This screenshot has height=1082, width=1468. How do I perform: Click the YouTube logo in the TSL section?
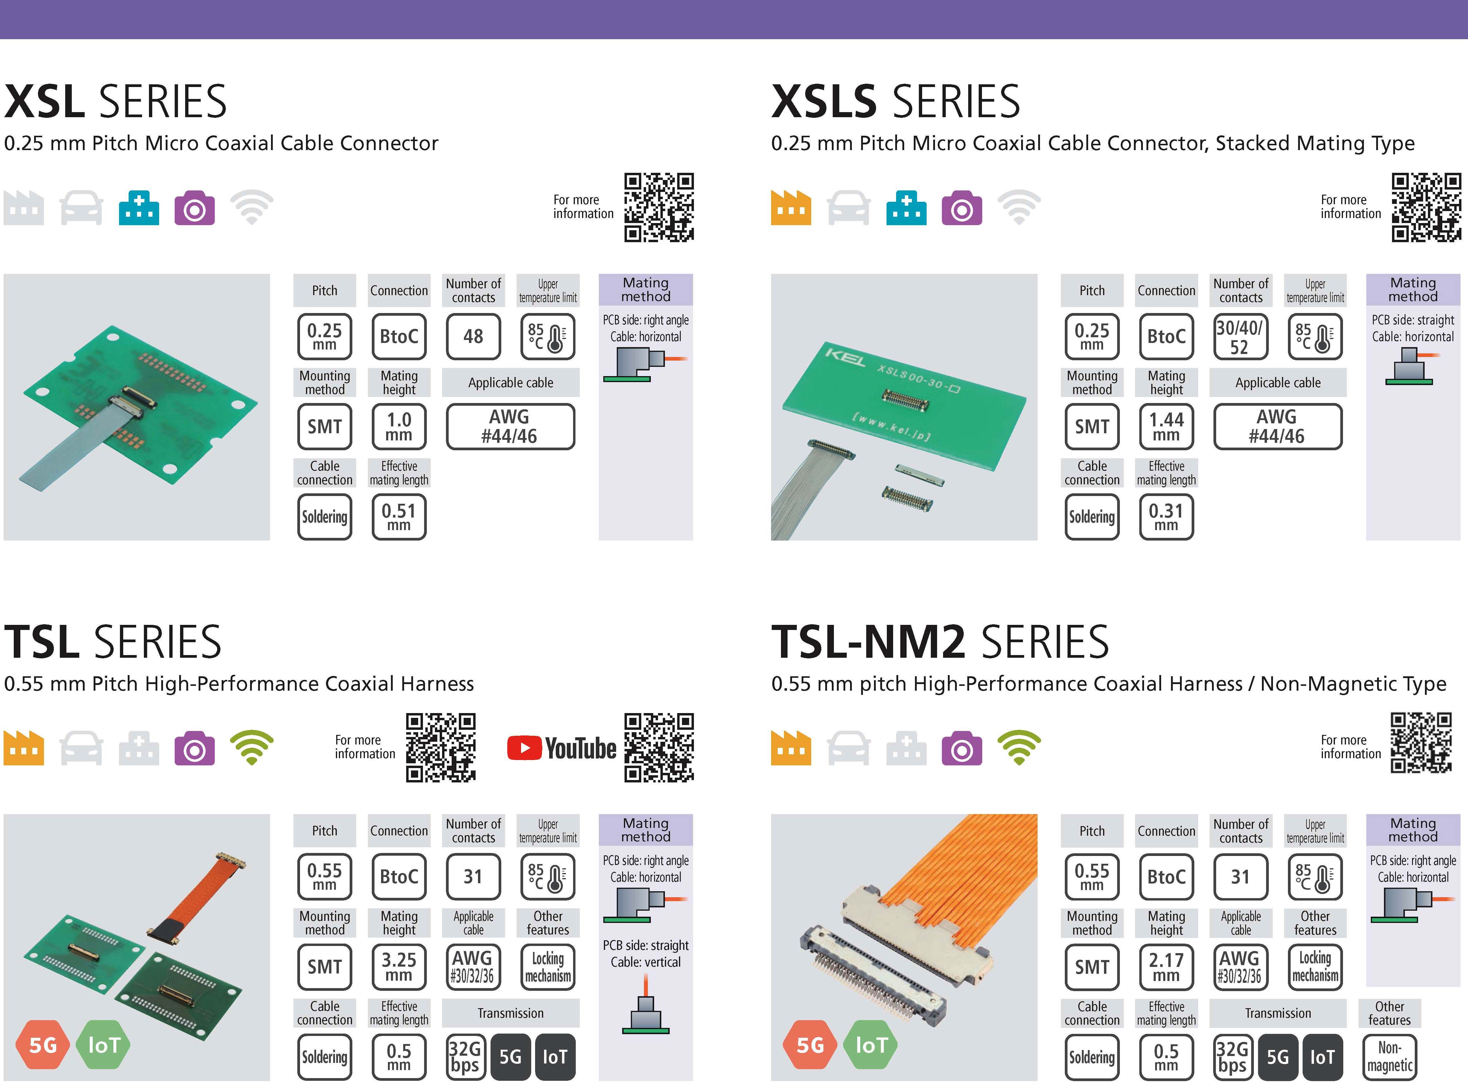coord(561,748)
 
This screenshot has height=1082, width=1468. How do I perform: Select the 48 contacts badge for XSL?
coord(473,337)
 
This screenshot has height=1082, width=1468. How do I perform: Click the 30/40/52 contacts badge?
coord(1240,337)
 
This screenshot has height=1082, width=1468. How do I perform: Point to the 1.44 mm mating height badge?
coord(1166,426)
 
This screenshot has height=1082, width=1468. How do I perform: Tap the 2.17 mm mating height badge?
coord(1166,967)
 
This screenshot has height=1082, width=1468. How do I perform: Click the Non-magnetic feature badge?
coord(1389,1057)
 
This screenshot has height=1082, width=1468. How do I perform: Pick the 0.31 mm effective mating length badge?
coord(1166,517)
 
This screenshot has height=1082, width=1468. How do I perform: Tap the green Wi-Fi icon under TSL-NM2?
coord(1019,748)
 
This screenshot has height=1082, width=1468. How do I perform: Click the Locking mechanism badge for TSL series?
coord(548,967)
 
